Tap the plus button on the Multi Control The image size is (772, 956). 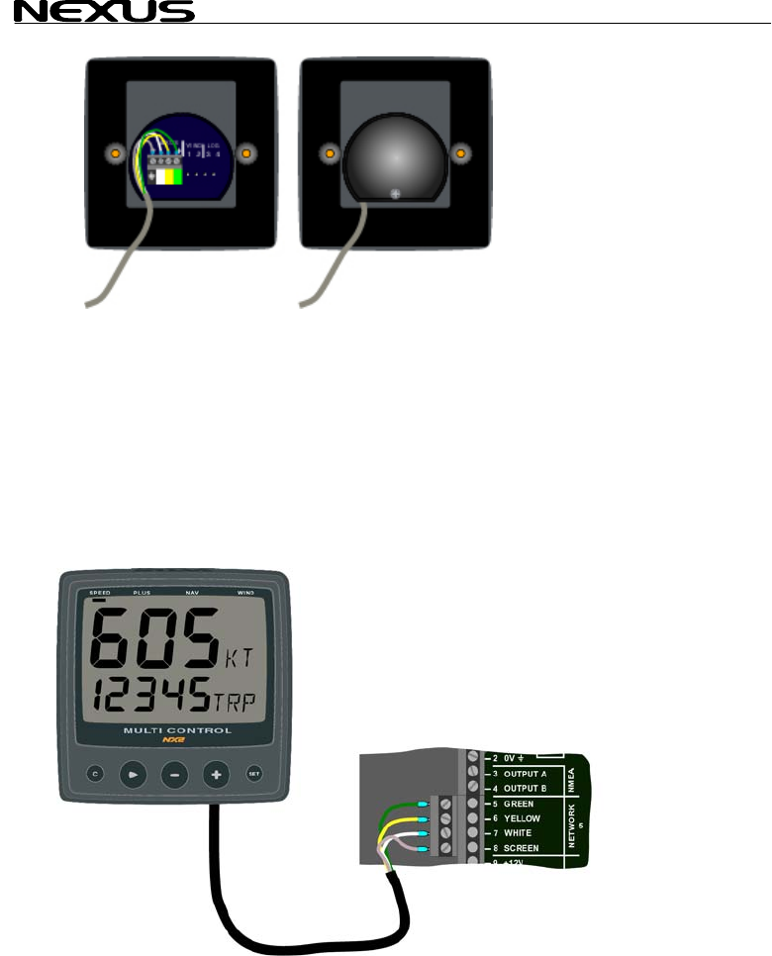coord(215,774)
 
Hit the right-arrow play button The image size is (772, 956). coord(133,774)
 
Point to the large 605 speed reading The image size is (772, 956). coord(153,640)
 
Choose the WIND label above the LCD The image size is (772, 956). coord(245,592)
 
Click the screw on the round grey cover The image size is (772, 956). coord(395,194)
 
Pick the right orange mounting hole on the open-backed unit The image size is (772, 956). coord(246,153)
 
